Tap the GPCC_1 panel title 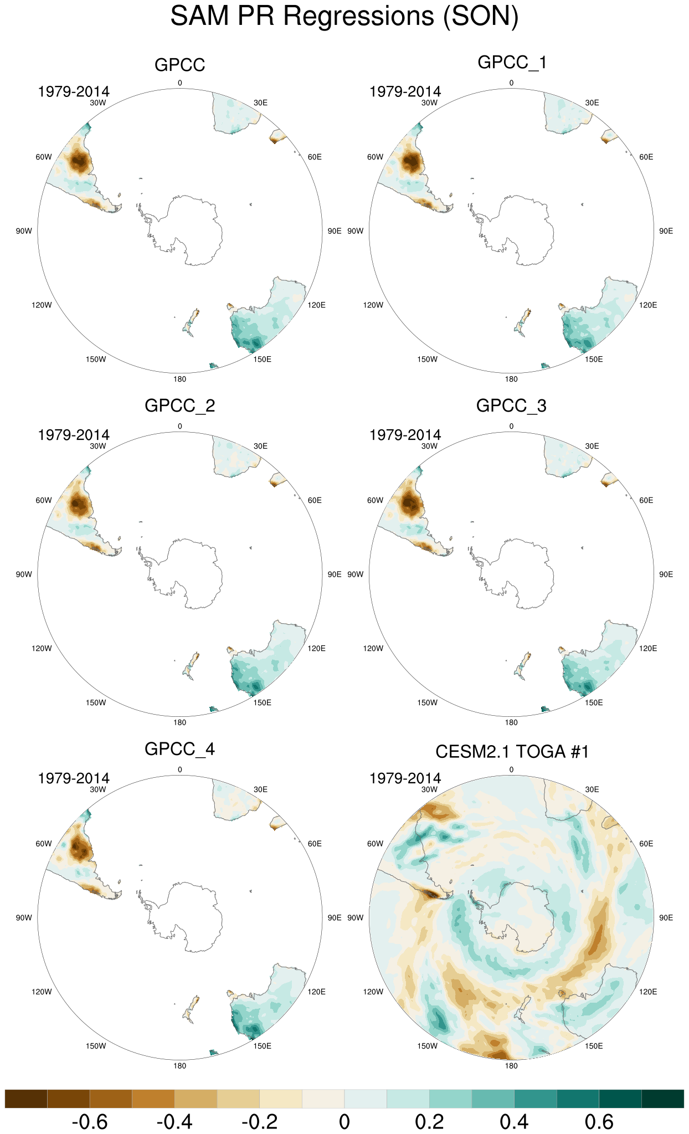pyautogui.click(x=512, y=62)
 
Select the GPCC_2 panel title pyautogui.click(x=179, y=406)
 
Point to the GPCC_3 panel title pyautogui.click(x=511, y=406)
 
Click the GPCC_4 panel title pyautogui.click(x=179, y=749)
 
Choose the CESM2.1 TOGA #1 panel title pyautogui.click(x=512, y=752)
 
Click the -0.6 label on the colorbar pyautogui.click(x=90, y=1122)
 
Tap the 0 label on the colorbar pyautogui.click(x=344, y=1122)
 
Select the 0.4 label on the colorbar pyautogui.click(x=514, y=1122)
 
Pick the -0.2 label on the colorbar pyautogui.click(x=259, y=1122)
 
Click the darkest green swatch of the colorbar pyautogui.click(x=662, y=1099)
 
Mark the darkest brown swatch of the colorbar pyautogui.click(x=26, y=1099)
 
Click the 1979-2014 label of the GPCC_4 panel pyautogui.click(x=74, y=778)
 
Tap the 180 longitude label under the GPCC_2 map pyautogui.click(x=179, y=722)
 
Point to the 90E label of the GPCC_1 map pyautogui.click(x=666, y=231)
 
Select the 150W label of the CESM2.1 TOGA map pyautogui.click(x=428, y=1046)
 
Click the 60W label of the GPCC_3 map pyautogui.click(x=375, y=500)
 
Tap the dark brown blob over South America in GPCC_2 pyautogui.click(x=78, y=505)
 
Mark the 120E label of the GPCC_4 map pyautogui.click(x=317, y=992)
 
